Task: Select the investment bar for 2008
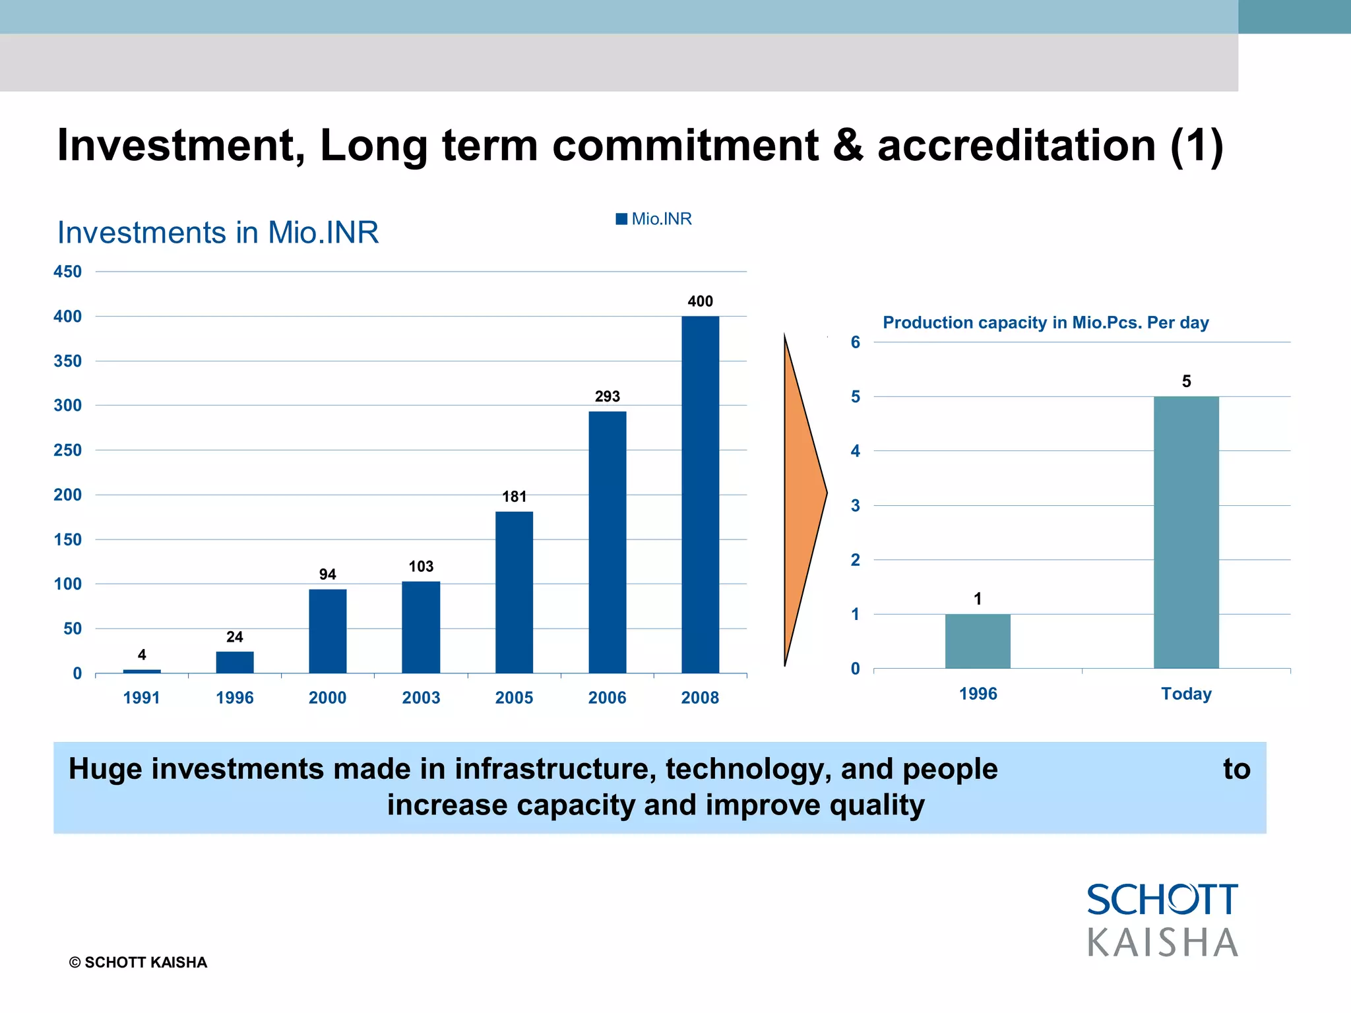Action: point(700,495)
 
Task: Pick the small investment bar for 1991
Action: point(142,671)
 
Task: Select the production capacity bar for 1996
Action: point(978,641)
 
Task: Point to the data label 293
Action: point(607,396)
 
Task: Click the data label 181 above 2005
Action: point(514,497)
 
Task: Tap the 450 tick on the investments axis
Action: point(68,272)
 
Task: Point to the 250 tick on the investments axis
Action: point(68,450)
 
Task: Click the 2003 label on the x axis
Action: point(421,698)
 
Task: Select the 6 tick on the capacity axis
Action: point(856,342)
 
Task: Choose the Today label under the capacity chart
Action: point(1186,694)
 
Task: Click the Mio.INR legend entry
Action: point(654,219)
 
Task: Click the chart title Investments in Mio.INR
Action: point(218,233)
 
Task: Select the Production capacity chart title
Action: point(1046,322)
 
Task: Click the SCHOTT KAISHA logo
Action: point(1162,920)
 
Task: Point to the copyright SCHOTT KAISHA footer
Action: point(138,962)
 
